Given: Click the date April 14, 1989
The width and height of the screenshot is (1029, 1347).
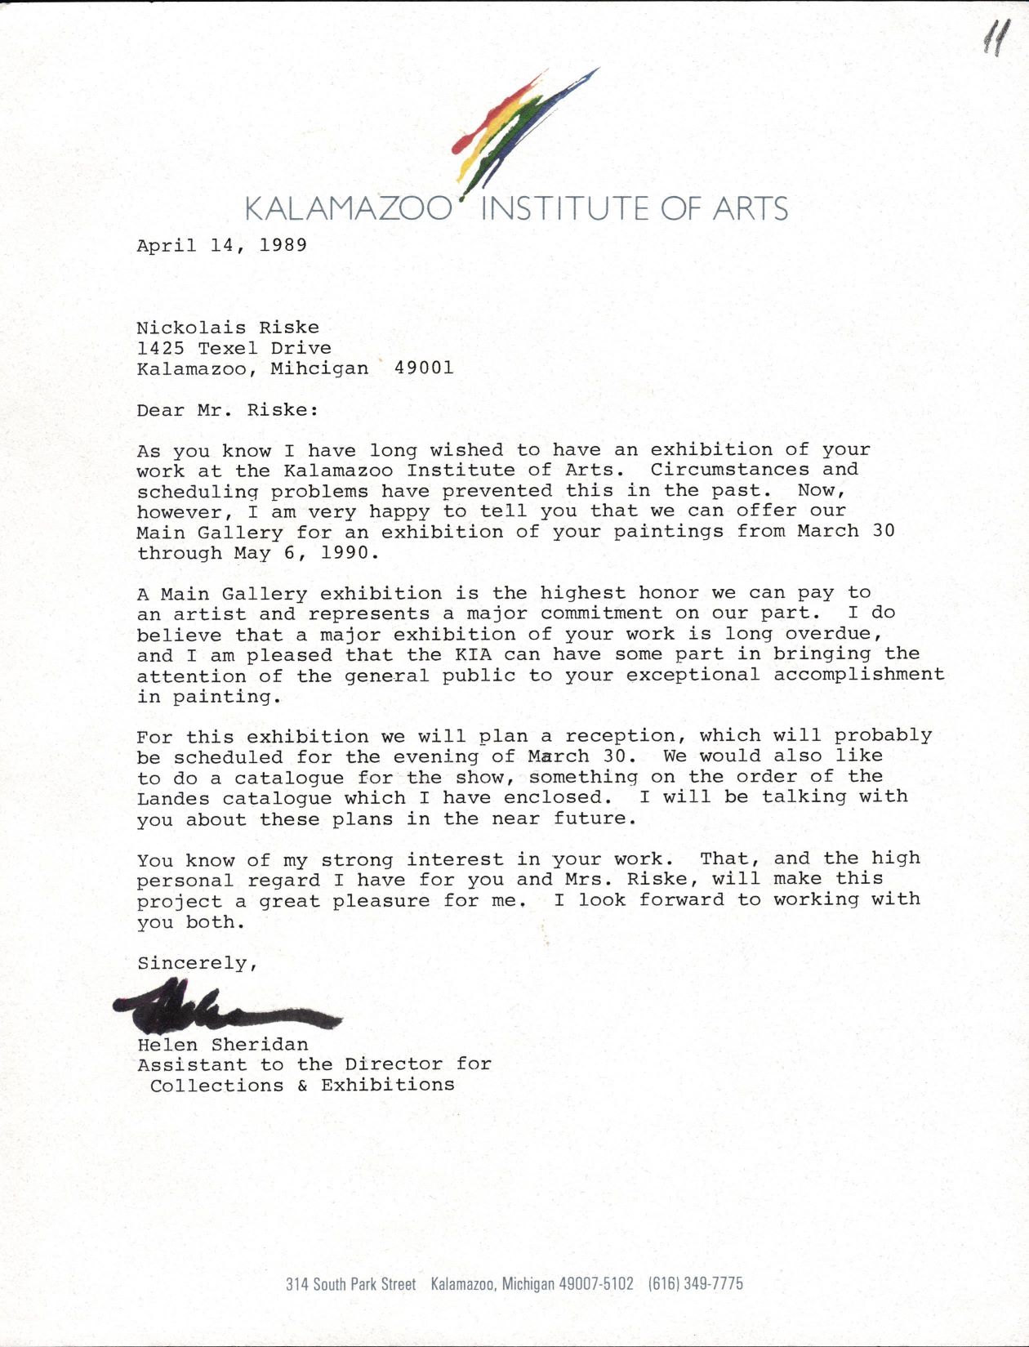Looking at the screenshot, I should [221, 245].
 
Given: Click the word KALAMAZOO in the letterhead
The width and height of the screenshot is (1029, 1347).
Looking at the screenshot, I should [348, 209].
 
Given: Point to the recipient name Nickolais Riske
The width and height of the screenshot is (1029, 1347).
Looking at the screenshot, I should [227, 328].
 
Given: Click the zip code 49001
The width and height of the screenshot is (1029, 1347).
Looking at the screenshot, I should [424, 368].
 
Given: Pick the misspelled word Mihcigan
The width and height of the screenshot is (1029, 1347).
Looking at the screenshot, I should [319, 368].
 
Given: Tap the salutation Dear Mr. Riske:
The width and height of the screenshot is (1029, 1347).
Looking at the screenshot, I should [227, 410].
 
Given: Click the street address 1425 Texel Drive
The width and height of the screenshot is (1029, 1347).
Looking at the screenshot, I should [234, 348].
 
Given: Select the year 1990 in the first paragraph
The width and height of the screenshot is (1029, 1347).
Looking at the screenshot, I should [344, 553].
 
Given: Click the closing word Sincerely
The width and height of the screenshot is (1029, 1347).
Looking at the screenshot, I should [195, 963].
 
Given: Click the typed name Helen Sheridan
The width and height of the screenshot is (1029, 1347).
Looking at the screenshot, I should [222, 1045].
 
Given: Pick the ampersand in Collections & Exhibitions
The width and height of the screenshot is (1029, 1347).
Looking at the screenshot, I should [302, 1086].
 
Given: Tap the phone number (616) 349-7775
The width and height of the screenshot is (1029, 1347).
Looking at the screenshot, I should [696, 1283].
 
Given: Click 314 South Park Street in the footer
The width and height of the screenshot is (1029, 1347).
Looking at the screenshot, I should [350, 1284].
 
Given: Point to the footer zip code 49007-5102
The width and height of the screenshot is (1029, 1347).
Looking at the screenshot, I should [595, 1283].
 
